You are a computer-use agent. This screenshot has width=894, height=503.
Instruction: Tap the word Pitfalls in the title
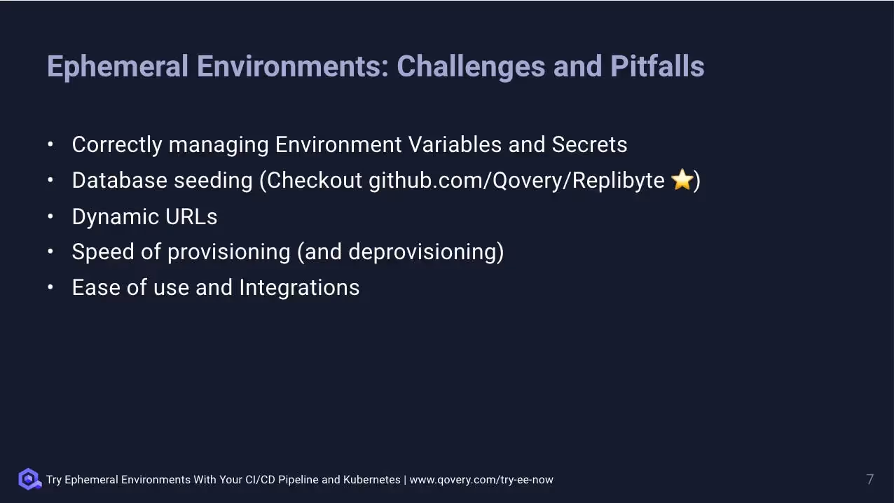[x=657, y=67]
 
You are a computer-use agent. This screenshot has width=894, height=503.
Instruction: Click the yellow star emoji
[x=682, y=180]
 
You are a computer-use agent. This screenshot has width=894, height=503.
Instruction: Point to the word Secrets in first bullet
[x=589, y=144]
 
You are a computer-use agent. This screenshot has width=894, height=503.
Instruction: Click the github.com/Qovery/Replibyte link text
[x=516, y=181]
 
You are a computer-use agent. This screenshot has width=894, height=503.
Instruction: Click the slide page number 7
[x=869, y=480]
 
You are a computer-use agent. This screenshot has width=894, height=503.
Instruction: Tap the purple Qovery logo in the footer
[x=29, y=479]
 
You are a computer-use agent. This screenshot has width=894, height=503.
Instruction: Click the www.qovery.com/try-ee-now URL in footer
[x=481, y=480]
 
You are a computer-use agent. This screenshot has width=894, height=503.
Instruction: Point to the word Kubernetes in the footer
[x=371, y=480]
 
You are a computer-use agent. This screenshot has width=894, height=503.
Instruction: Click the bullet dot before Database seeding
[x=50, y=180]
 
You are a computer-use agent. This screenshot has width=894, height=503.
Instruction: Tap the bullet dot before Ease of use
[x=50, y=287]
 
